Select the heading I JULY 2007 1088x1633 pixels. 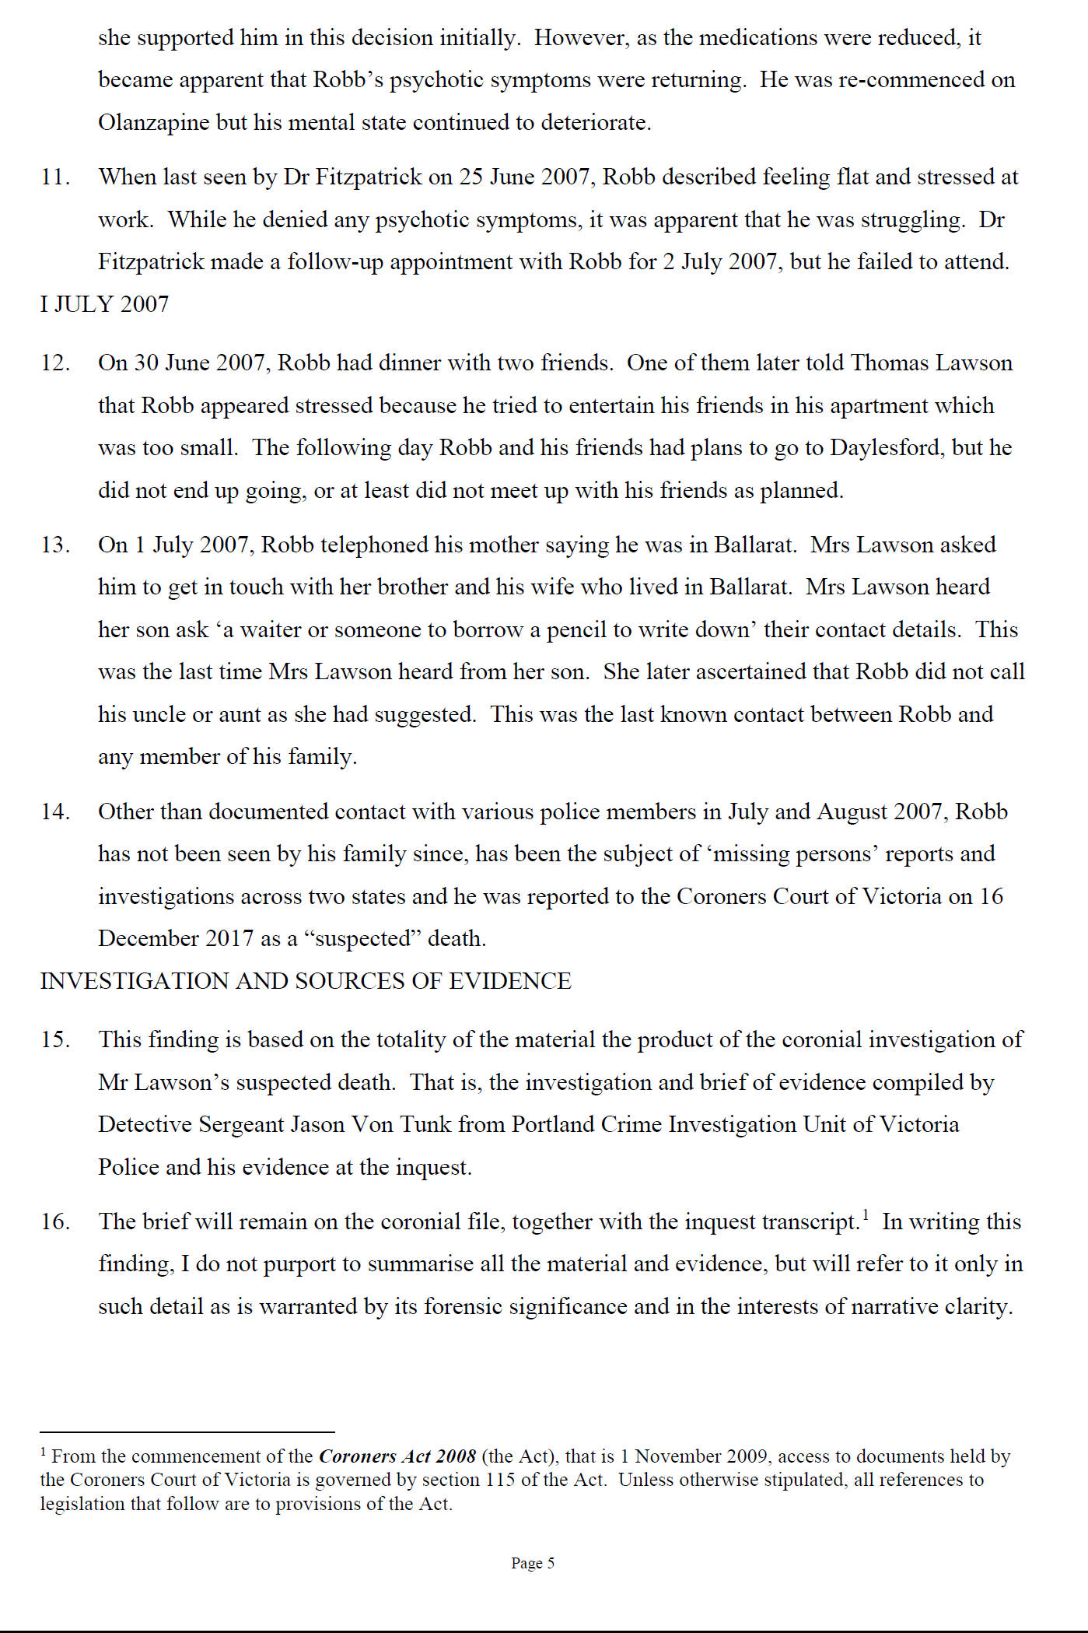[104, 304]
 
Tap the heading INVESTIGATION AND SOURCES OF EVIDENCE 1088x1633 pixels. [306, 981]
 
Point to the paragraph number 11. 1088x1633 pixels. [55, 177]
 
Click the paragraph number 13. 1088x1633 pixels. [55, 545]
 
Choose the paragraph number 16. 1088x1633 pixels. [55, 1221]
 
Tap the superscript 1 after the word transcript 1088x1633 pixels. [866, 1214]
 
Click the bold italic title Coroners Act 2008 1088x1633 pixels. [397, 1456]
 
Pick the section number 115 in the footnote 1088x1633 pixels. [500, 1480]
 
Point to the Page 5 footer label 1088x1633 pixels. [533, 1563]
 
